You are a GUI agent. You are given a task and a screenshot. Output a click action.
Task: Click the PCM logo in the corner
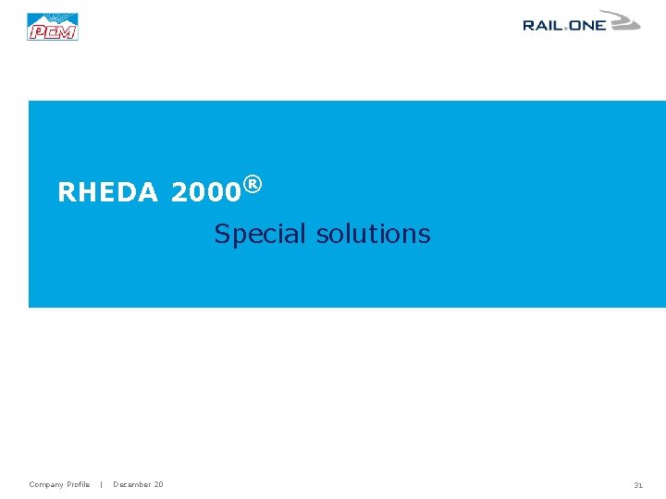coord(53,27)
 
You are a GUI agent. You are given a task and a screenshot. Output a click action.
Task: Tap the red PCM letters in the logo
coord(53,32)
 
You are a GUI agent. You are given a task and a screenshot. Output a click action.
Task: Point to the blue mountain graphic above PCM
coord(53,18)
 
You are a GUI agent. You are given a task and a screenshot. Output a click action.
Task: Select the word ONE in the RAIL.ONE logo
coord(587,26)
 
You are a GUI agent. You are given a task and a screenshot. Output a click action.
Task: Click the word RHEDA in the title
coord(107,192)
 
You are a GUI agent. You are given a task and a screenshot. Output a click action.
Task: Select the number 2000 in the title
coord(205,192)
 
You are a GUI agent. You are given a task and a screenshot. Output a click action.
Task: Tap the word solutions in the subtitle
coord(374,234)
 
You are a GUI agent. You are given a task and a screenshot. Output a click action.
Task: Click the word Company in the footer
coord(46,484)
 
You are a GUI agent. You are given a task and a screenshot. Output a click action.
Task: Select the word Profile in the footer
coord(79,484)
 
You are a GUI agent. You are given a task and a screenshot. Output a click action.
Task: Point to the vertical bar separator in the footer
coord(101,484)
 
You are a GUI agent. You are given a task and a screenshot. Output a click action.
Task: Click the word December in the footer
coord(131,484)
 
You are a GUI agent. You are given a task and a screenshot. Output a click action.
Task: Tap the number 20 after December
coord(159,484)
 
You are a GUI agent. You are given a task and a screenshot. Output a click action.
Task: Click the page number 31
coord(638,484)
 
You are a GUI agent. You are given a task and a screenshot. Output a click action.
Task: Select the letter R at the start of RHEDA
coord(66,192)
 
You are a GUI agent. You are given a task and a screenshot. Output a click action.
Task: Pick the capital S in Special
coord(222,234)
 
